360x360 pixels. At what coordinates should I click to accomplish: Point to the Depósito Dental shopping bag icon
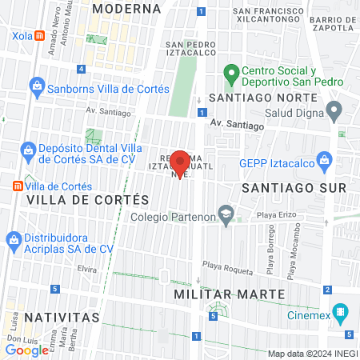tap(28, 150)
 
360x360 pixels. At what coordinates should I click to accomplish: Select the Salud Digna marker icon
tap(334, 108)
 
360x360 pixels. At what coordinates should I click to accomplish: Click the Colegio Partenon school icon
tap(227, 214)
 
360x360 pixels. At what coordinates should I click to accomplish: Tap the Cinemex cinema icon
tap(341, 311)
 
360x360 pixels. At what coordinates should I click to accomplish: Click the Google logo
tap(26, 350)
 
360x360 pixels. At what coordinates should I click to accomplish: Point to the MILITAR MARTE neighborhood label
tap(230, 294)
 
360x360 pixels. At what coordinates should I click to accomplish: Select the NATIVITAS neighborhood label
tap(62, 317)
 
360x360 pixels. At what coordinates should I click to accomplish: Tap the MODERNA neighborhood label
tap(126, 8)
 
